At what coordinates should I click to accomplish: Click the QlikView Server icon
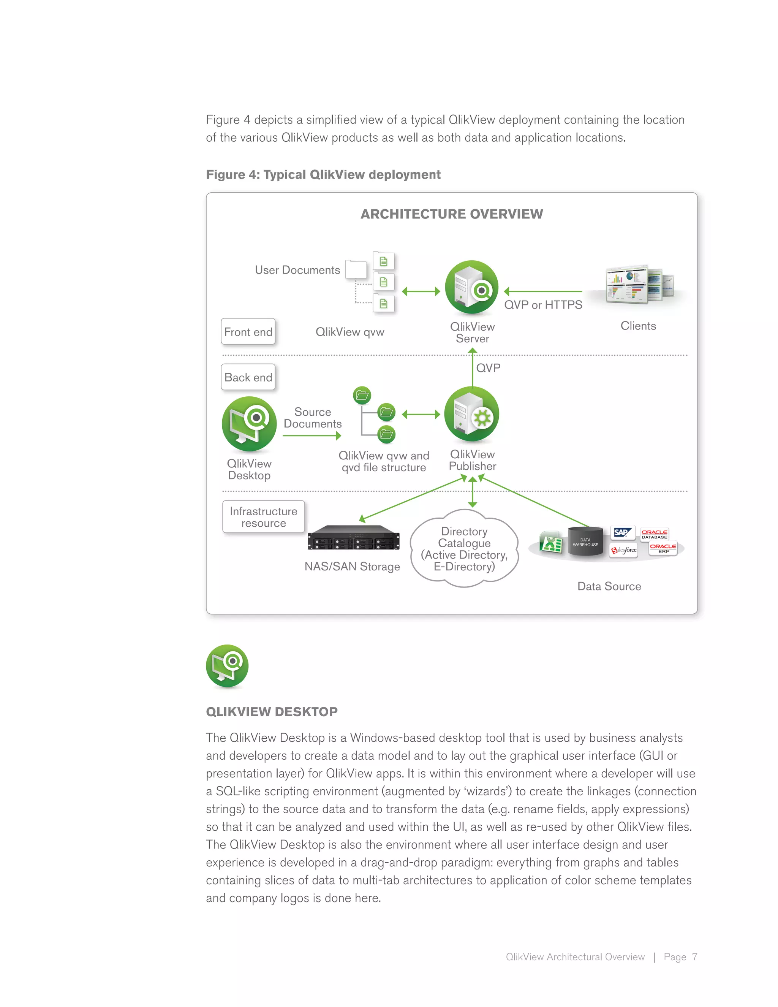(x=471, y=288)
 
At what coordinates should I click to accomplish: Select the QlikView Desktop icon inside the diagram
(x=249, y=424)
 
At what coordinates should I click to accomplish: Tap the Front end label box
(x=248, y=331)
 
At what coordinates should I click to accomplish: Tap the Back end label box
(x=248, y=377)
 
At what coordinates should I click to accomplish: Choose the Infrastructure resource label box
(x=263, y=517)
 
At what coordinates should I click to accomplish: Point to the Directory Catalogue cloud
(x=464, y=549)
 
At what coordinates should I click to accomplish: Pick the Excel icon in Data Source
(x=551, y=543)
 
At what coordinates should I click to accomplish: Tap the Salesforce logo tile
(x=624, y=549)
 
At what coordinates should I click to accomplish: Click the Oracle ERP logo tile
(x=663, y=548)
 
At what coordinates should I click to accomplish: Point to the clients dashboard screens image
(x=638, y=284)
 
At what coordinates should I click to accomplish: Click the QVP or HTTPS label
(x=543, y=305)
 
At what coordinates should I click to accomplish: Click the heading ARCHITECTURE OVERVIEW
(x=451, y=214)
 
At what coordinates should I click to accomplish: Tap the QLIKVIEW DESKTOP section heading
(x=272, y=711)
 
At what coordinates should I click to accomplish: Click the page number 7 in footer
(x=694, y=957)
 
